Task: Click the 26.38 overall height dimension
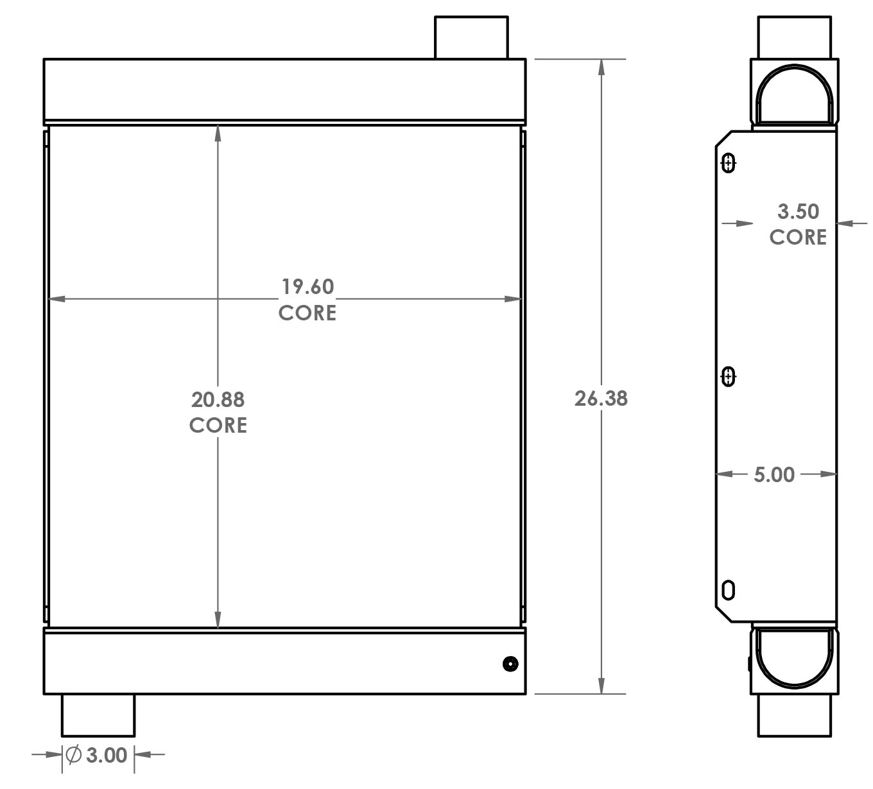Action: click(600, 399)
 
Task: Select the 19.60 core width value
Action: click(307, 286)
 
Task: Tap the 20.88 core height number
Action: click(218, 399)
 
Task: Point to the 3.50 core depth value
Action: click(798, 211)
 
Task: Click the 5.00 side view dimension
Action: click(774, 475)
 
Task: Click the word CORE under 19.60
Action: click(307, 313)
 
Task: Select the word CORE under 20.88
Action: click(218, 425)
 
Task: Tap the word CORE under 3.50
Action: click(798, 238)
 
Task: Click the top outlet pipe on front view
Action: click(471, 37)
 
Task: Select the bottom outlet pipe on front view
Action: click(98, 715)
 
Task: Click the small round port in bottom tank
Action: click(510, 664)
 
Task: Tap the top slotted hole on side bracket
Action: click(728, 164)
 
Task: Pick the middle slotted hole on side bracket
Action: click(728, 376)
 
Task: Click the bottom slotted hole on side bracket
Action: click(728, 589)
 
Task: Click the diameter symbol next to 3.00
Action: click(74, 755)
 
